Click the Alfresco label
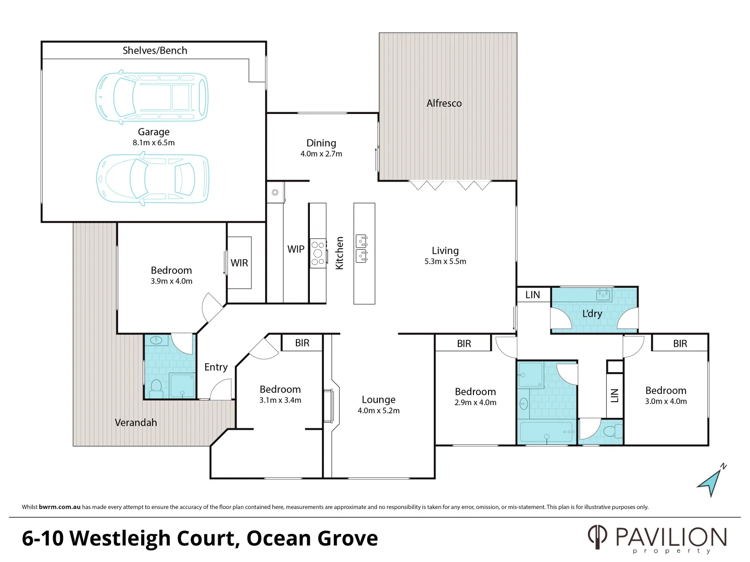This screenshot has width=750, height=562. tap(444, 103)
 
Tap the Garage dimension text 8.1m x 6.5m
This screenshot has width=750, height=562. tap(154, 143)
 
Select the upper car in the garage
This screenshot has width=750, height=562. tap(152, 97)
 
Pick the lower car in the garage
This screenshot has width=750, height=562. tap(153, 178)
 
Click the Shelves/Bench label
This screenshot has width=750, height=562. tap(155, 50)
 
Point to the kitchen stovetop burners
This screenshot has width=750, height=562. tap(318, 253)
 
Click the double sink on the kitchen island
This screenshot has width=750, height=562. tap(362, 249)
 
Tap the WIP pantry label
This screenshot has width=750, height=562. tap(296, 249)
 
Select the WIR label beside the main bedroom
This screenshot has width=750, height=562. tap(240, 263)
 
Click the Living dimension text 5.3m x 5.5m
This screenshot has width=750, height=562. tap(445, 262)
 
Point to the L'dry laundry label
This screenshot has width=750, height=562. tap(592, 314)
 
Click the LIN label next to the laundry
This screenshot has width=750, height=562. tap(533, 295)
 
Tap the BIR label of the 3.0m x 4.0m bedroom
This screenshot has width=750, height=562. tap(680, 343)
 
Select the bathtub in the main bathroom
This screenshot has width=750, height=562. tap(546, 432)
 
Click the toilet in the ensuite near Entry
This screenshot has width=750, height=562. tap(156, 386)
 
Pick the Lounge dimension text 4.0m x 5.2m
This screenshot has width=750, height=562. tap(379, 411)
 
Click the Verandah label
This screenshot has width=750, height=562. tap(135, 423)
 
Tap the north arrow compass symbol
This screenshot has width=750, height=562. tap(711, 481)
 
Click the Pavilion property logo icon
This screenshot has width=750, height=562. tap(597, 537)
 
